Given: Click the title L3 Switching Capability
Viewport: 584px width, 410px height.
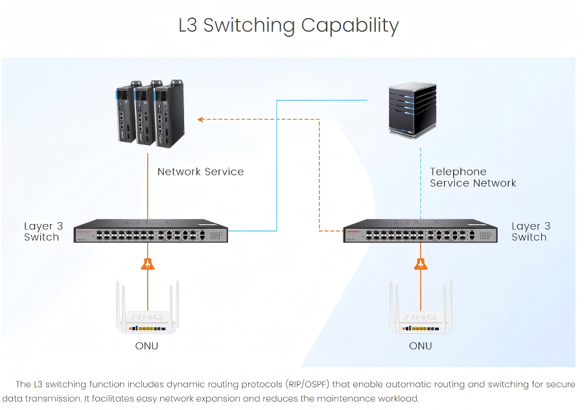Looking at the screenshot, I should pos(288,25).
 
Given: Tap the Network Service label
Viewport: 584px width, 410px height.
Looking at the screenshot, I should pos(200,172).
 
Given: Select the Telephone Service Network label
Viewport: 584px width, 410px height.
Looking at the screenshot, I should pos(473,177).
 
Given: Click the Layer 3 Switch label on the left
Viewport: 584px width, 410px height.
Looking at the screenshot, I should pos(43,231).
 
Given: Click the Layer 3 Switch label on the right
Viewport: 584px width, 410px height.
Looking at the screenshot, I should pos(530,231).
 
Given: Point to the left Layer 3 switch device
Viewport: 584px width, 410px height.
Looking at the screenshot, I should pos(151,231).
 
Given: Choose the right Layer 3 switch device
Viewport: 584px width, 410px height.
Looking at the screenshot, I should pos(421,231).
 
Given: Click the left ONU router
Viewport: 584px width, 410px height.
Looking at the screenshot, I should pos(147,317).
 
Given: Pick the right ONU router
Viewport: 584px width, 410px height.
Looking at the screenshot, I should pos(421,317).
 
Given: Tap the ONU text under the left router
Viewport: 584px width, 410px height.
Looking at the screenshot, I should pos(146,346).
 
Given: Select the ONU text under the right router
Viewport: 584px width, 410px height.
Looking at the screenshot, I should pos(420,346).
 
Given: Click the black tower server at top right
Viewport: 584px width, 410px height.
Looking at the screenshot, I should pos(410,109).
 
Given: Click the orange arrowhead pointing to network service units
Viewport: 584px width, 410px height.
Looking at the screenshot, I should pos(201,119).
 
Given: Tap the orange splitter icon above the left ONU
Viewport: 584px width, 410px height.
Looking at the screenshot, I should pos(148,264).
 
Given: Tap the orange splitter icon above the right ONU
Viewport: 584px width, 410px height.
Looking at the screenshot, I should pos(421,264).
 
